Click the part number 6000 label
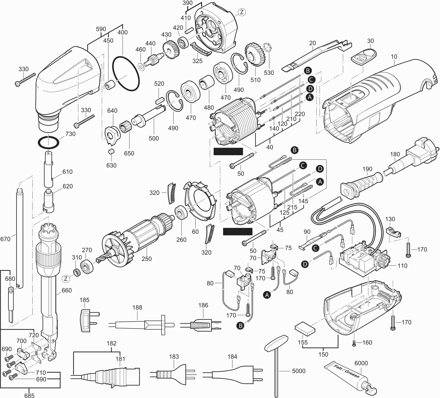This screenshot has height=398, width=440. tap(361, 363)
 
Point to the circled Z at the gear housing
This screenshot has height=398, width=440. tap(242, 12)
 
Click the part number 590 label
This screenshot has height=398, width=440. tap(101, 29)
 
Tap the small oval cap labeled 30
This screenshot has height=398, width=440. tap(364, 56)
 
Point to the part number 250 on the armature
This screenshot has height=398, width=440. tap(146, 259)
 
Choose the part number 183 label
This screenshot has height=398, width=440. tap(174, 357)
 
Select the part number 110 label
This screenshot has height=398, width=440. tap(402, 265)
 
